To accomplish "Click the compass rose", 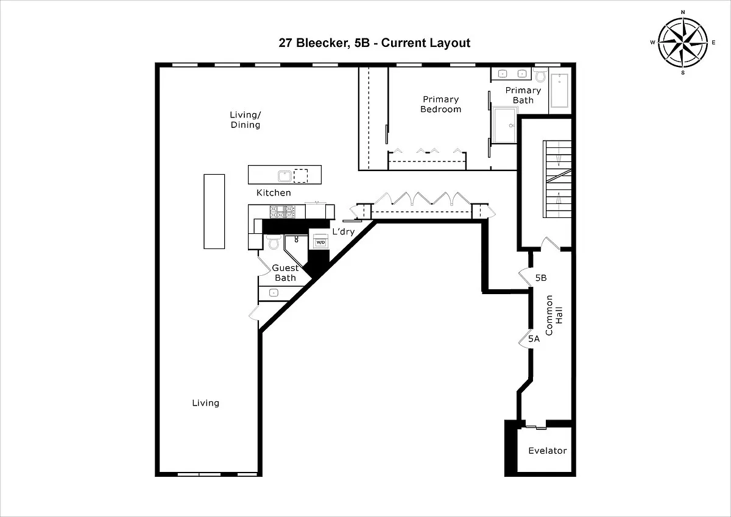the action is point(683,43).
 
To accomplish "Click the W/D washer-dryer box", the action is point(320,242).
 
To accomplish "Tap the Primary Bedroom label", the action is point(440,104).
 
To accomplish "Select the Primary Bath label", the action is point(523,95).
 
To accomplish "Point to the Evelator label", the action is point(547,451).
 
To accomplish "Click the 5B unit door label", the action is point(541,278).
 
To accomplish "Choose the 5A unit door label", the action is point(534,339).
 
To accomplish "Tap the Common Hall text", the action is point(554,315).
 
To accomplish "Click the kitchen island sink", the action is point(284,176).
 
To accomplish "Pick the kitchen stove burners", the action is point(282,212).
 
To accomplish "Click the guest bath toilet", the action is point(274,242).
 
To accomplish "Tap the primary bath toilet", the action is point(541,76).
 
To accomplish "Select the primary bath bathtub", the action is point(559,91).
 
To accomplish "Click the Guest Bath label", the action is point(285,273).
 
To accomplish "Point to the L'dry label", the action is point(344,231).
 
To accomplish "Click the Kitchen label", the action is point(274,193).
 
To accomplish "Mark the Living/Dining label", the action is point(245,120).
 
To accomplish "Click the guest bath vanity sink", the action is point(274,293).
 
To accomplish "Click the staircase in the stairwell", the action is point(557,179).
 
